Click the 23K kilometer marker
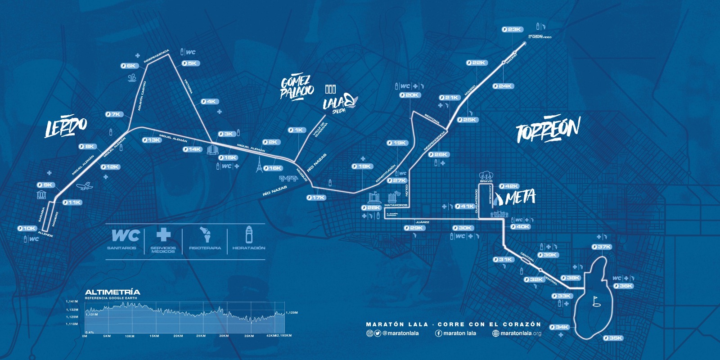pos(512,30)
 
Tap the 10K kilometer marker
pos(27,229)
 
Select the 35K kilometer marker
pos(613,338)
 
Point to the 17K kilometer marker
pos(316,198)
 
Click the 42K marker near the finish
pos(509,186)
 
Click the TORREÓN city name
pos(548,130)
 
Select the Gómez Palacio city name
pos(297,87)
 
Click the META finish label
pos(520,198)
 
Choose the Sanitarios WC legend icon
pos(126,235)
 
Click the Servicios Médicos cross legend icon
pos(163,234)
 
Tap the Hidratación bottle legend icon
pos(249,234)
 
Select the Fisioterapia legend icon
pos(205,234)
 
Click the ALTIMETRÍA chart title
pos(112,292)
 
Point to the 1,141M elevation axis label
pos(72,301)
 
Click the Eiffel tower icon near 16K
pos(259,165)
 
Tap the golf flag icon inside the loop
pos(597,301)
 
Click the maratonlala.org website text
pos(521,333)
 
